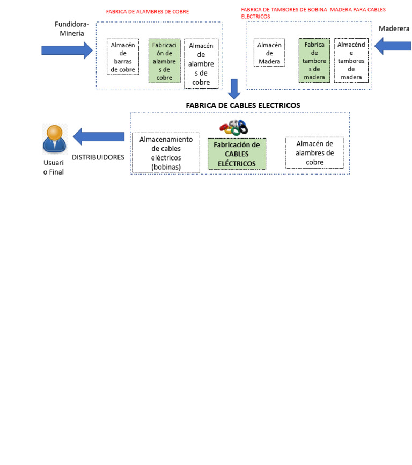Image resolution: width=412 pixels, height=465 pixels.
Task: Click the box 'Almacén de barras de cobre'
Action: (123, 57)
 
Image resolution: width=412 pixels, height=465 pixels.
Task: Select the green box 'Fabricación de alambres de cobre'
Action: (164, 61)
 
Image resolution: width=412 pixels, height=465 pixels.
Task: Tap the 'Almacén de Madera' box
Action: (269, 53)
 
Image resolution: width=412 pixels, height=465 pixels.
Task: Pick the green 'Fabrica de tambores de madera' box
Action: (314, 60)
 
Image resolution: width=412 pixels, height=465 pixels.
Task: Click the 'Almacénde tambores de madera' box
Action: (351, 60)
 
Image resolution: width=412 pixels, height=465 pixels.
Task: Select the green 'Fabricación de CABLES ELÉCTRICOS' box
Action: (237, 154)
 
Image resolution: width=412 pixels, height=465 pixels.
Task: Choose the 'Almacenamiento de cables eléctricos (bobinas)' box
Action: (166, 153)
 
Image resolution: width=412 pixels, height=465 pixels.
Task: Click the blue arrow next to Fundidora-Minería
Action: (67, 50)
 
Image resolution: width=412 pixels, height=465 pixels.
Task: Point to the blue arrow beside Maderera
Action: (392, 47)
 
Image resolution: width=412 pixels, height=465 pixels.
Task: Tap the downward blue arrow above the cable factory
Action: (234, 89)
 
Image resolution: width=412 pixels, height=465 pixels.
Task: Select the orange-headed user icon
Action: (55, 139)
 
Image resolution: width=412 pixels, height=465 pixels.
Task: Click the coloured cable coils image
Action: (234, 128)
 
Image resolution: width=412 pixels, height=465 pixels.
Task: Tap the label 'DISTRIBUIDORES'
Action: (98, 157)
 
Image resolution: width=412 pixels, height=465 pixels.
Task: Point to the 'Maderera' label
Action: (394, 28)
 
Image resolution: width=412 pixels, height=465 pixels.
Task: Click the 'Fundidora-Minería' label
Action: (72, 28)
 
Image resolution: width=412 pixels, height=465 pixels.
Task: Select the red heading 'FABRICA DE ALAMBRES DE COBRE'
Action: (148, 11)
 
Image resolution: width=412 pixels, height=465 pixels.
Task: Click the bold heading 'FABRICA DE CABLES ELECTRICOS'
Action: (243, 105)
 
